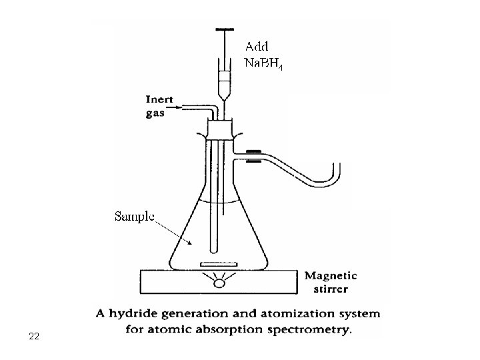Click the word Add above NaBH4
click(x=257, y=47)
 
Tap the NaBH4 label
click(x=265, y=65)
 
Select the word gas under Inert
click(x=155, y=113)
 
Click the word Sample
click(x=135, y=216)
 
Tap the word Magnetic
click(x=331, y=275)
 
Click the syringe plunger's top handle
click(x=225, y=30)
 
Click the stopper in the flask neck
click(x=220, y=128)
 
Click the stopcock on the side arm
click(x=254, y=156)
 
